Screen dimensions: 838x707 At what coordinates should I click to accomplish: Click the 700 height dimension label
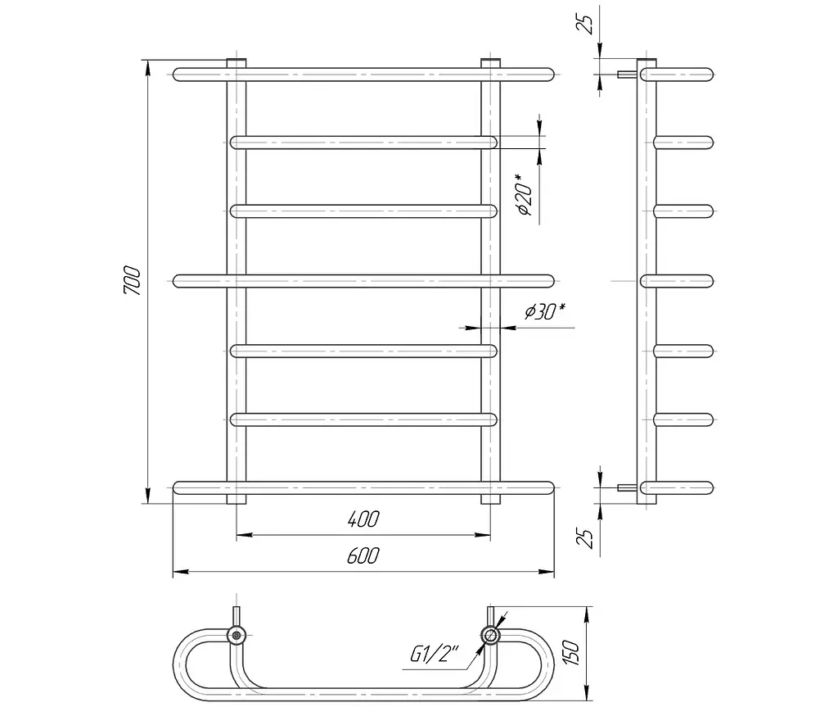point(133,280)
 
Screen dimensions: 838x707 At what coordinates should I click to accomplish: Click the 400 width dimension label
point(363,519)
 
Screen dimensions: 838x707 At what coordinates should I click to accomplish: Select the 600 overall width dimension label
point(363,556)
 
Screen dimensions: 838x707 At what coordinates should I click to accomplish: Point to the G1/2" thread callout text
point(435,654)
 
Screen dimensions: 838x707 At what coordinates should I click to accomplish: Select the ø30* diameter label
point(545,311)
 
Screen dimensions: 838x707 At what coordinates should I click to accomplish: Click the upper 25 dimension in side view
point(587,24)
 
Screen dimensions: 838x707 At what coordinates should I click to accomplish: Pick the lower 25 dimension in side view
point(587,538)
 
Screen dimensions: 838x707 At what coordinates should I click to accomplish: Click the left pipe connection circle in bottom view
point(236,636)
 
